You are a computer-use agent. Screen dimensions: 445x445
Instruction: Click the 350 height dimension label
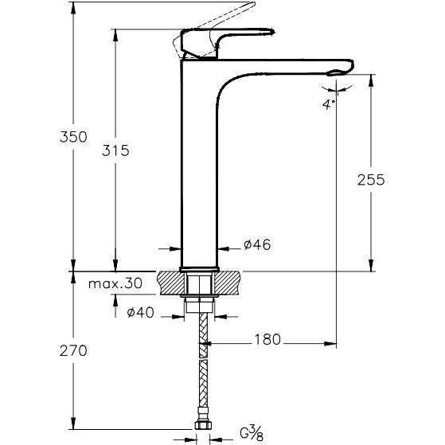pyautogui.click(x=73, y=137)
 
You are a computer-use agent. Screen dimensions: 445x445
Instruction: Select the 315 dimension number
pyautogui.click(x=115, y=150)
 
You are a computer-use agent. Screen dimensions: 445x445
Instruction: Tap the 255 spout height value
pyautogui.click(x=371, y=180)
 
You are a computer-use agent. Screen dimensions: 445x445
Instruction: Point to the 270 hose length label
pyautogui.click(x=73, y=351)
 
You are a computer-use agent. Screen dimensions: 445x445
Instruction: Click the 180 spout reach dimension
pyautogui.click(x=267, y=339)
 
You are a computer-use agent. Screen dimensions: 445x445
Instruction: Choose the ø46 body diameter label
pyautogui.click(x=257, y=244)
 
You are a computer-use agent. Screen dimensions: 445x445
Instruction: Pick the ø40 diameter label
pyautogui.click(x=140, y=313)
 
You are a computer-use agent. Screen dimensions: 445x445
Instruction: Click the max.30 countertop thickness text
pyautogui.click(x=115, y=283)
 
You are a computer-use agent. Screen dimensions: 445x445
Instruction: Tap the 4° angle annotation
pyautogui.click(x=329, y=104)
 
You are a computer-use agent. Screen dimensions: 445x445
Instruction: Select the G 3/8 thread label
pyautogui.click(x=252, y=433)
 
